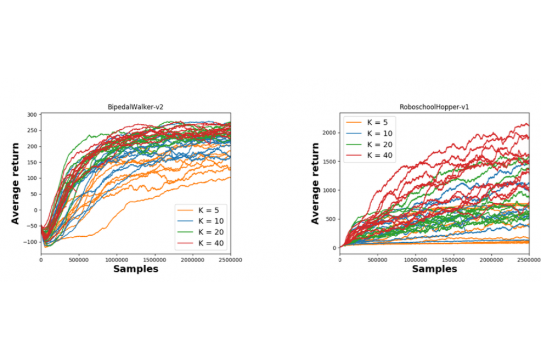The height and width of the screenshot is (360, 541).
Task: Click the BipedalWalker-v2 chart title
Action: [x=135, y=107]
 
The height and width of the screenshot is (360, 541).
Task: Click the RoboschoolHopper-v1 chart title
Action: [x=435, y=107]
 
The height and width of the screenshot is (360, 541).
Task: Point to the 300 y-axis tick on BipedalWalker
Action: [x=33, y=115]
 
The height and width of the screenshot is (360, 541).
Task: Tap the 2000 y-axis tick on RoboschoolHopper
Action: [x=330, y=132]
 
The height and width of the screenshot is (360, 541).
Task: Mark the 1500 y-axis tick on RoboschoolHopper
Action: [x=330, y=161]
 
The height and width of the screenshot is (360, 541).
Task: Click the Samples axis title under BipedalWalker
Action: [x=136, y=269]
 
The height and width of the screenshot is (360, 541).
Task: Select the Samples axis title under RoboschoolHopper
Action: [x=434, y=269]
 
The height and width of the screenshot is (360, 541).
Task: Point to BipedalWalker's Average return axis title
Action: [x=16, y=183]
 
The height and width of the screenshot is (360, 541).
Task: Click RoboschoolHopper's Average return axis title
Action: [x=315, y=183]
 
